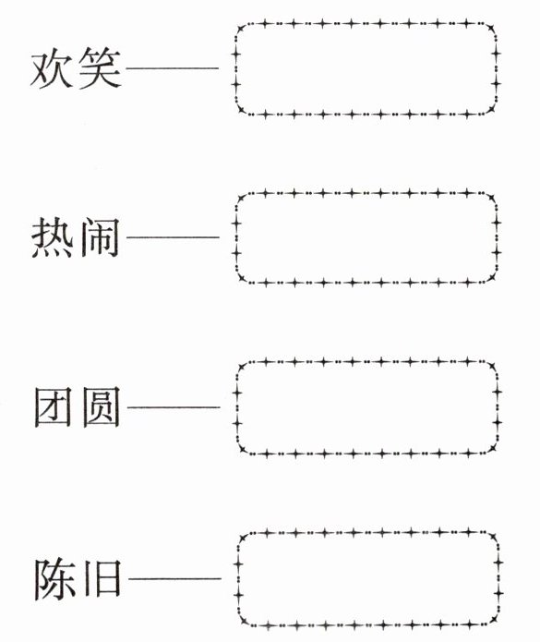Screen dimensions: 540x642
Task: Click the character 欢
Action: tap(52, 68)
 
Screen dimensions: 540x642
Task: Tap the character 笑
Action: tap(101, 68)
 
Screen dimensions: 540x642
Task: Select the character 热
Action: tap(53, 237)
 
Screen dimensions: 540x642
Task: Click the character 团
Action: tap(53, 407)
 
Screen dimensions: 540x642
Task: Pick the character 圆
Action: tap(101, 407)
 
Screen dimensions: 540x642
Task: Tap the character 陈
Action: tap(54, 578)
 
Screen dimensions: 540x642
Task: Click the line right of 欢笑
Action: tap(173, 68)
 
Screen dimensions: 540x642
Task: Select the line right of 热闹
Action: tap(173, 237)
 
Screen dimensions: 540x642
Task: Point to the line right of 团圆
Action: tap(174, 407)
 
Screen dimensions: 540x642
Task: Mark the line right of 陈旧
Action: tap(174, 578)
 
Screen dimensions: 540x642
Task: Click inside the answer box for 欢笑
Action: tap(366, 68)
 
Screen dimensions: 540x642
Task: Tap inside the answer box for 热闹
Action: tap(366, 237)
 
